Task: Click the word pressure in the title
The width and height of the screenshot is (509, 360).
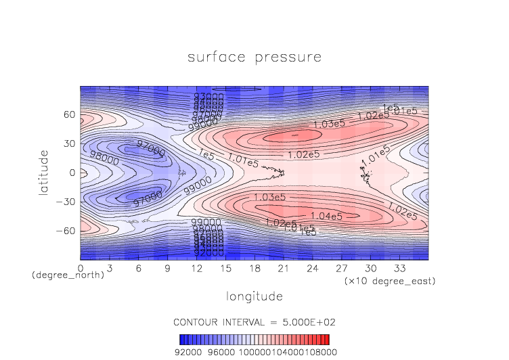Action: coord(288,58)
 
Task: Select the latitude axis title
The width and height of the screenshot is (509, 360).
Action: coord(44,173)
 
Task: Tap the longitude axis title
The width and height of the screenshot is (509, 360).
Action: coord(254,296)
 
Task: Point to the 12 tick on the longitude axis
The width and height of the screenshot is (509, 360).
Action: coord(197,269)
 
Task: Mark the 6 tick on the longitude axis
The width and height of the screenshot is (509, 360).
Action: coord(139,269)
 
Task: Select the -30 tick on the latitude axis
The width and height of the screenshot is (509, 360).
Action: coord(66,202)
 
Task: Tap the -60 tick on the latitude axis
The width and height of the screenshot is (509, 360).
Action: coord(66,231)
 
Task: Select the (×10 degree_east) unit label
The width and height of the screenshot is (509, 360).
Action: coord(389,280)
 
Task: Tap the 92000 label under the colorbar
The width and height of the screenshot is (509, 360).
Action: coord(188,352)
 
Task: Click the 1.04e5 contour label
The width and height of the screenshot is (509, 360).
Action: coord(327,216)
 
